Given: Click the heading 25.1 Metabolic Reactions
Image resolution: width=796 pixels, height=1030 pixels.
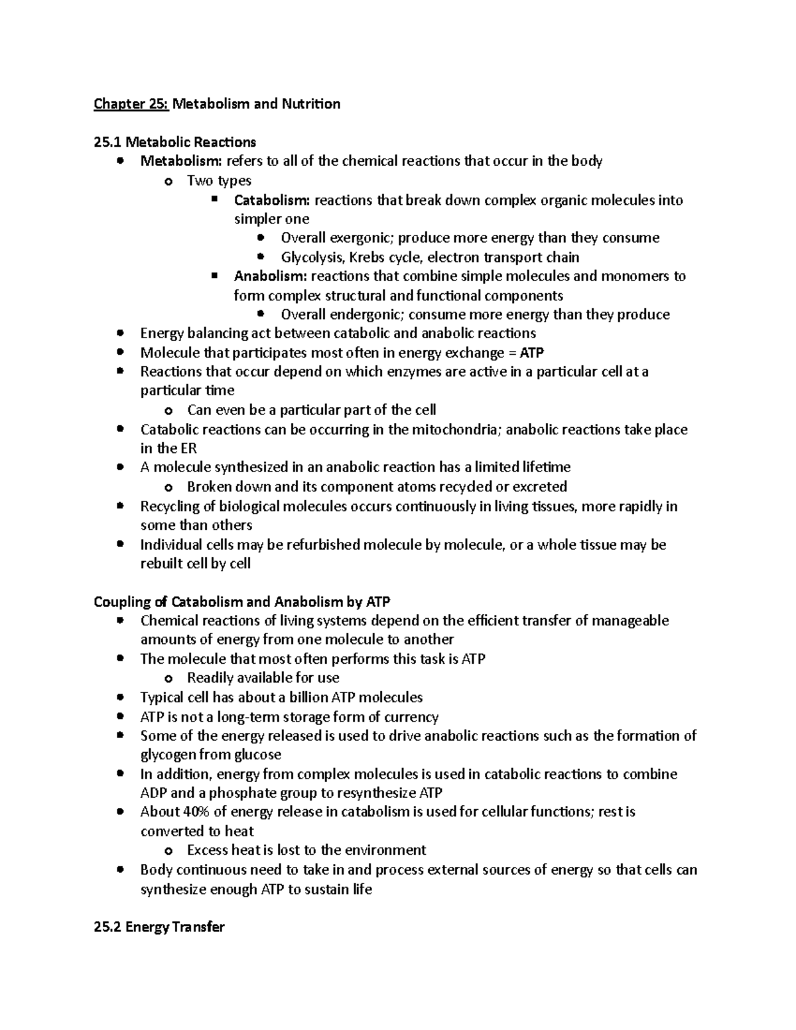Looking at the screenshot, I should tap(174, 142).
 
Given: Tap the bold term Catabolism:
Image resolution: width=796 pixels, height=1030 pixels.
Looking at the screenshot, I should tap(272, 200).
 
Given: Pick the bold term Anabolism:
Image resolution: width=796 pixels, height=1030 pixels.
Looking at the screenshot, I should tap(270, 276).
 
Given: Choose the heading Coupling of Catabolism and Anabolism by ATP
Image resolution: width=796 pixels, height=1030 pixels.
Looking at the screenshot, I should tap(242, 602).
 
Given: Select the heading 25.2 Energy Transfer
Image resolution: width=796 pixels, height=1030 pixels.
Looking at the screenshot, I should tap(159, 927).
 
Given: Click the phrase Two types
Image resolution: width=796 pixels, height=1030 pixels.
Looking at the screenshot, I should tap(219, 180).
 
